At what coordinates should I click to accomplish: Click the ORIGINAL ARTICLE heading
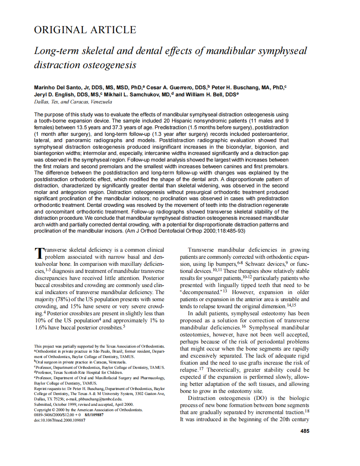(85, 30)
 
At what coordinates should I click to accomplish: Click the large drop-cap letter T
(38, 253)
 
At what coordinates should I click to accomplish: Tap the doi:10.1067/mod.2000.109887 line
(59, 420)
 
